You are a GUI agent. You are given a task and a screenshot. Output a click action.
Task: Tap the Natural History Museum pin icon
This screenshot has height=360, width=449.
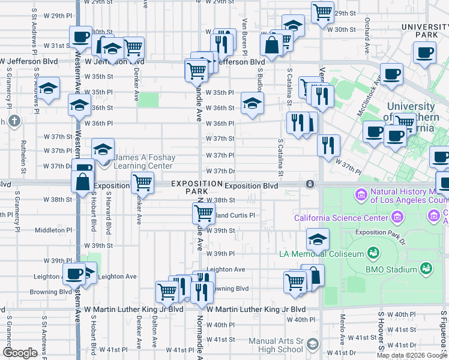[361, 194]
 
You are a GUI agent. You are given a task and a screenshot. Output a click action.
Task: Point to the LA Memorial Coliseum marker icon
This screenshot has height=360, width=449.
[372, 253]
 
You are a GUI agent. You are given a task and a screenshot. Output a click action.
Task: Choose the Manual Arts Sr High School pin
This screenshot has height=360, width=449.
[312, 344]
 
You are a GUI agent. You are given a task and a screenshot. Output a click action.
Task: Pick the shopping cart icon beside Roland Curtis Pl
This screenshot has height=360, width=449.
[203, 213]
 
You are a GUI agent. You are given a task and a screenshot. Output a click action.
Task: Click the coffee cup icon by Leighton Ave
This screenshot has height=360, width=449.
[74, 274]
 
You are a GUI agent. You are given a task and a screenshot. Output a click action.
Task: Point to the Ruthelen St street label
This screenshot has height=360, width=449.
[24, 153]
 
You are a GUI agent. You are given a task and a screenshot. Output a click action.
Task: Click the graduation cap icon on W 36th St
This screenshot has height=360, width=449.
[252, 103]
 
